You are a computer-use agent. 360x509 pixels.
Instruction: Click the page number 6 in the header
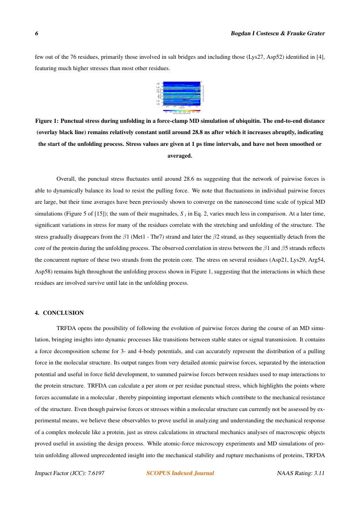coord(37,34)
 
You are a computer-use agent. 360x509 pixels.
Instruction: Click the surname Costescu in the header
coord(261,34)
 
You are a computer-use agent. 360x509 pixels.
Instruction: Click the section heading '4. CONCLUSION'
coord(59,313)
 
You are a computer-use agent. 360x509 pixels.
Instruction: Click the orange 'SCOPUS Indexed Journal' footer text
coord(180,473)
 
